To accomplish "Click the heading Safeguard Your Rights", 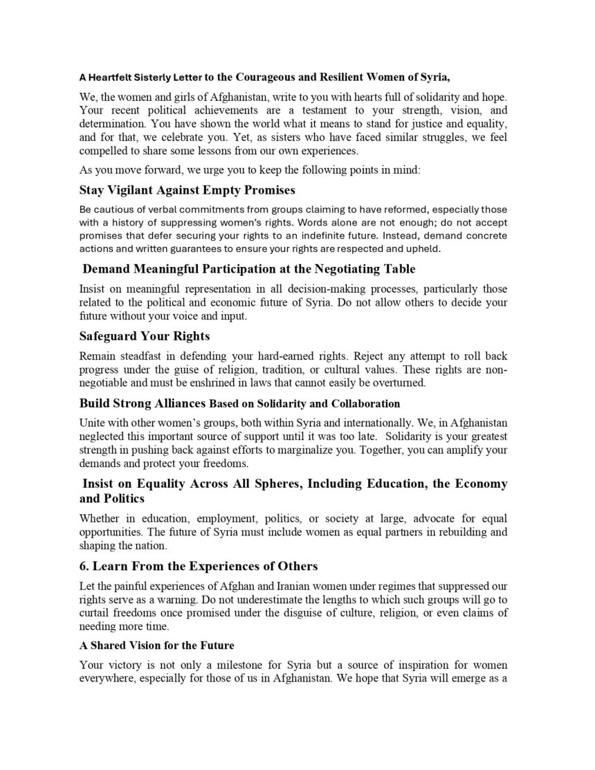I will click(x=145, y=336).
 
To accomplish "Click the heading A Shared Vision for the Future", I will click(x=157, y=645).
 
